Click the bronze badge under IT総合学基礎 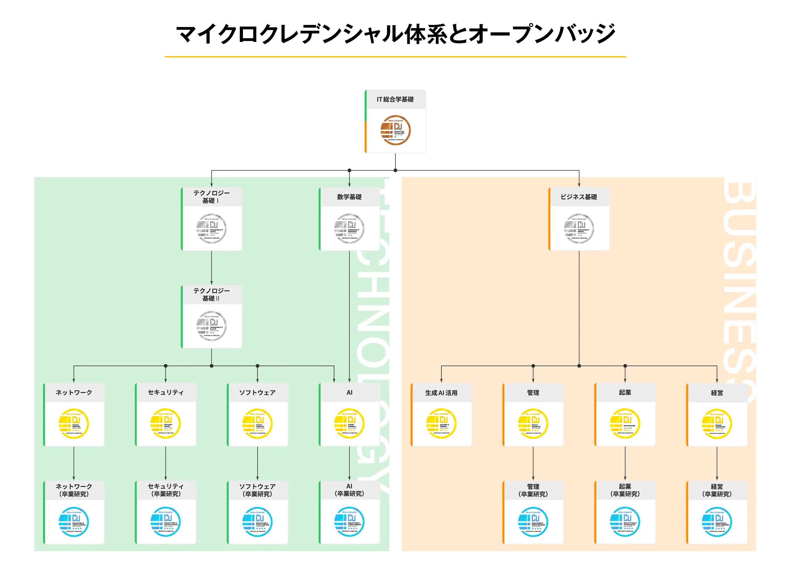click(x=395, y=130)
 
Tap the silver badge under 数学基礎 click(x=349, y=228)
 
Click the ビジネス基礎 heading click(x=579, y=197)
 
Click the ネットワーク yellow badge click(x=74, y=423)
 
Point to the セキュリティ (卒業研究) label click(x=165, y=490)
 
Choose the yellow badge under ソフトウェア click(x=257, y=423)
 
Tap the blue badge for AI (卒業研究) click(x=349, y=522)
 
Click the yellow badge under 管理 click(x=533, y=423)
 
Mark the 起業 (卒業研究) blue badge click(x=625, y=522)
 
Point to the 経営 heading click(x=717, y=393)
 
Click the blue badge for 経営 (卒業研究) click(x=717, y=522)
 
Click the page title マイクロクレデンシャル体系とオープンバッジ click(x=395, y=34)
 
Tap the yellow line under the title click(x=395, y=57)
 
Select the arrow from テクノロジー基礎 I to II click(x=212, y=268)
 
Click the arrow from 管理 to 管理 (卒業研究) click(x=533, y=463)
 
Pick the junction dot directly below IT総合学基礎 click(x=395, y=170)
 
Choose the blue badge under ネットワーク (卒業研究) click(x=74, y=522)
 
